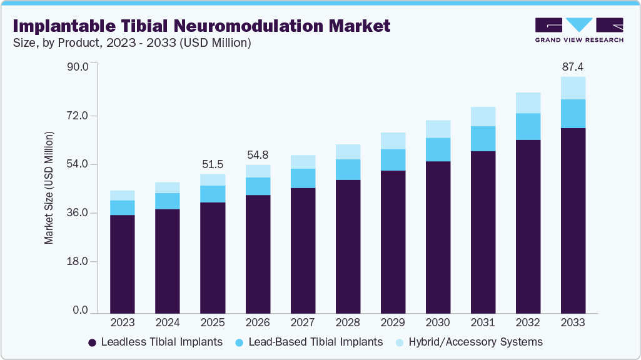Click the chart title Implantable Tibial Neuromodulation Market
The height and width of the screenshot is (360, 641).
(201, 26)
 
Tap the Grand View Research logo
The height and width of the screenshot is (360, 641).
(579, 29)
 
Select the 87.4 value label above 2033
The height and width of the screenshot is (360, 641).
(573, 66)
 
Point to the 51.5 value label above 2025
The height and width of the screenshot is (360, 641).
(213, 164)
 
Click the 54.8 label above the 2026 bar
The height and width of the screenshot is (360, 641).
(258, 154)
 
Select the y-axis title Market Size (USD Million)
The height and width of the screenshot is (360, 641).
(49, 188)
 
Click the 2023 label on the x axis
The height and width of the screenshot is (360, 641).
(122, 322)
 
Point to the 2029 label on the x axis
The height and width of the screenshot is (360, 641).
(393, 322)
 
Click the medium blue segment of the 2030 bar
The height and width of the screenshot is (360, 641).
(438, 149)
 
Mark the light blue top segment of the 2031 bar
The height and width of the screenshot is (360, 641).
(483, 116)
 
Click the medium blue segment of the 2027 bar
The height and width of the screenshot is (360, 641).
(303, 178)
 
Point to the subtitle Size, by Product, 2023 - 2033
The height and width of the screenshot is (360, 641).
(131, 42)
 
